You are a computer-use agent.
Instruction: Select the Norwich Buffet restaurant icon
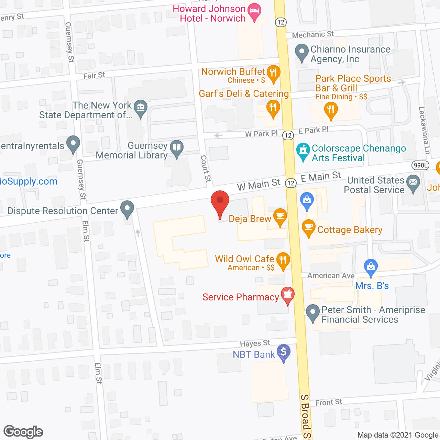[x=273, y=73]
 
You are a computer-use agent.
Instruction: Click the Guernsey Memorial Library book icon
[x=177, y=148]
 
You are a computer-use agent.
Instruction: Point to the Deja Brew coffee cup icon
[x=280, y=216]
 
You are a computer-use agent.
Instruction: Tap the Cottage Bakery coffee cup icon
[x=308, y=227]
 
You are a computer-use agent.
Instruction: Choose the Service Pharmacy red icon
[x=287, y=295]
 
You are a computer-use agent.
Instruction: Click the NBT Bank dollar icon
[x=284, y=352]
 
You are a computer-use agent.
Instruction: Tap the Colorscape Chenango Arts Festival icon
[x=303, y=151]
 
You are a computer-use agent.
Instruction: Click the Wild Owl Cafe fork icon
[x=283, y=260]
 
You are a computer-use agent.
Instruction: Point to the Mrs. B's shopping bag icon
[x=371, y=267]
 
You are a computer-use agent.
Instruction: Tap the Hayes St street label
[x=255, y=343]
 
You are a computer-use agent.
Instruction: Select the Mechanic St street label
[x=313, y=34]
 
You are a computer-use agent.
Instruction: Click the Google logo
[x=23, y=432]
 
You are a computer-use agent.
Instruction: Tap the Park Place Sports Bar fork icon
[x=331, y=110]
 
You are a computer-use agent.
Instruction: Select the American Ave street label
[x=331, y=276]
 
